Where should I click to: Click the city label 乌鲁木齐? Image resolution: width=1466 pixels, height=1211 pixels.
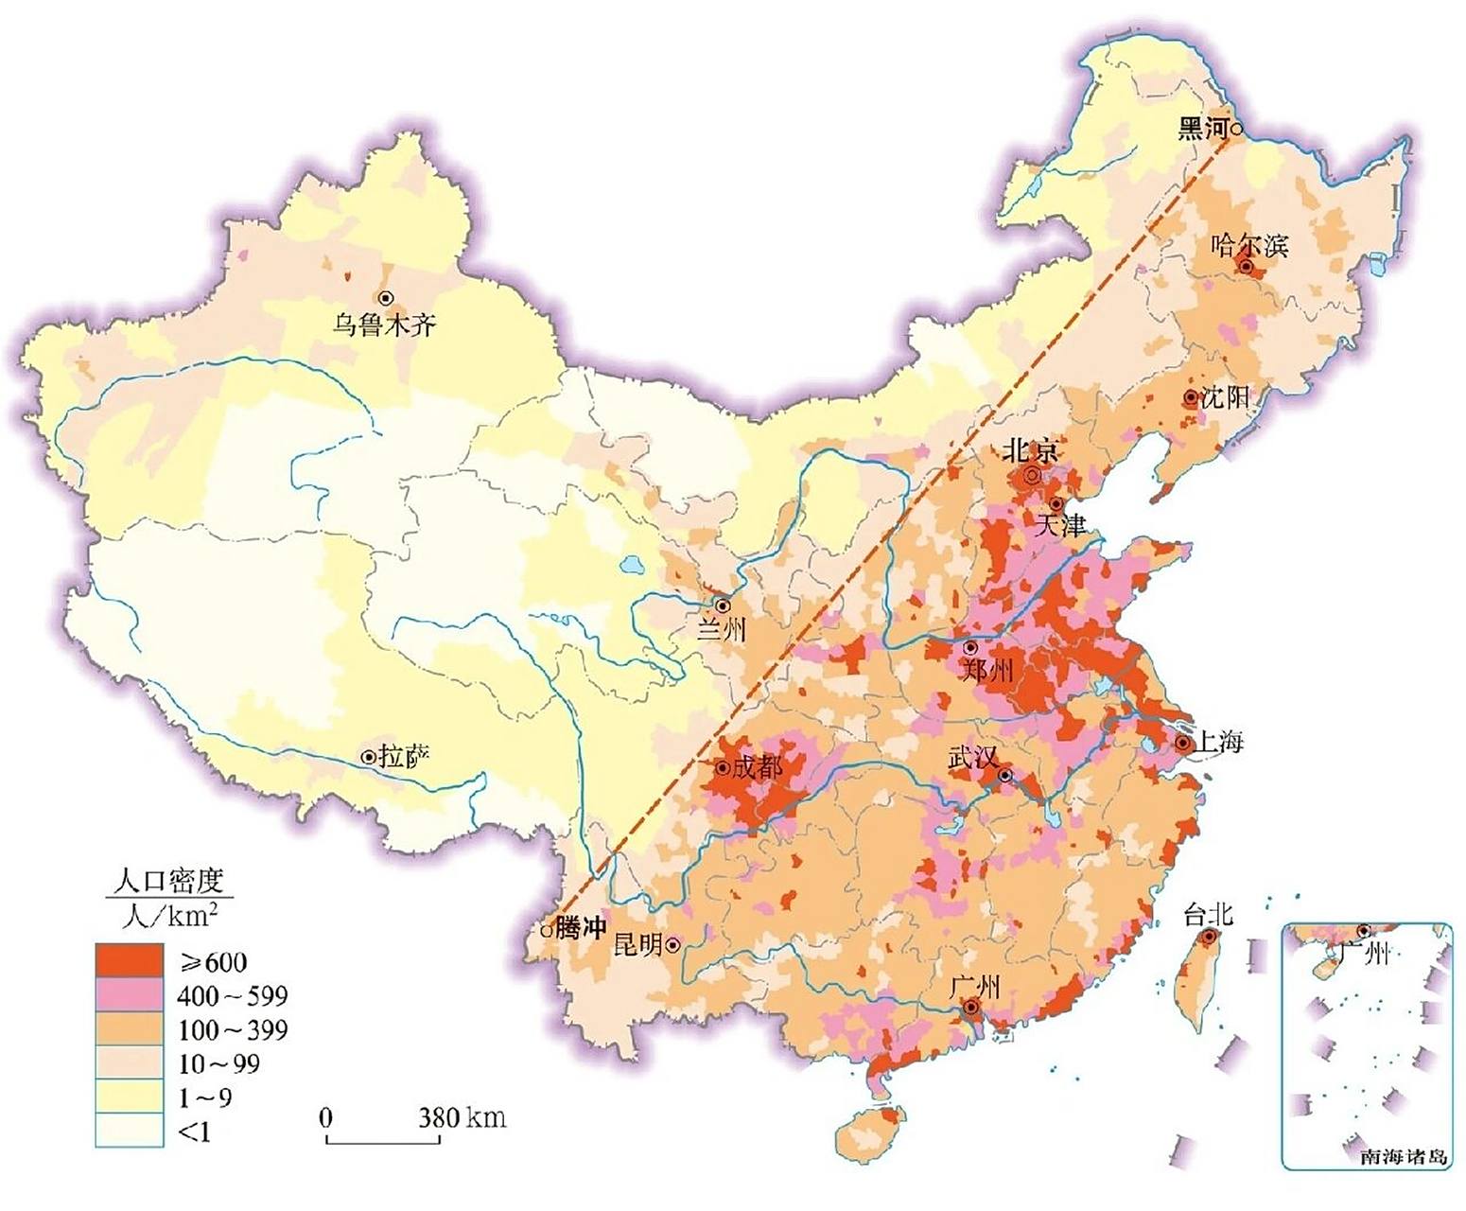point(384,325)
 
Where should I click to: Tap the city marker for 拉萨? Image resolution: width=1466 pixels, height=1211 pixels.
point(368,757)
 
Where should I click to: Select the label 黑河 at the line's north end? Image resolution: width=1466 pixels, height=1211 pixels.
point(1202,128)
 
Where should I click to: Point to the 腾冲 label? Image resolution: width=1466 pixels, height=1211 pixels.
point(580,928)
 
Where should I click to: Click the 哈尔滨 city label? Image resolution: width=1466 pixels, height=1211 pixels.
point(1249,246)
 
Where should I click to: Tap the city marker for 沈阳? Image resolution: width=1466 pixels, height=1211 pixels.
point(1190,398)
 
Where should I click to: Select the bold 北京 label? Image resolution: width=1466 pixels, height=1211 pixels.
point(1031,449)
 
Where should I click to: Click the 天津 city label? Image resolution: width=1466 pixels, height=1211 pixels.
point(1060,526)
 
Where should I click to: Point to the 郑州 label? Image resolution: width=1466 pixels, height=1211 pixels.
point(987,671)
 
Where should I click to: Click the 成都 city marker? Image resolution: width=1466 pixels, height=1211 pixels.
point(723,767)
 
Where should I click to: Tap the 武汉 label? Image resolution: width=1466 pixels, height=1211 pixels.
point(973,758)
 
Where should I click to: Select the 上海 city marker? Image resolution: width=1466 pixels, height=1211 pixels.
point(1182,744)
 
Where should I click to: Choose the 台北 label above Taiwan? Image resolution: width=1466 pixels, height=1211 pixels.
point(1208,915)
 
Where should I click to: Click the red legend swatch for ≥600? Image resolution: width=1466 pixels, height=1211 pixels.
point(129,961)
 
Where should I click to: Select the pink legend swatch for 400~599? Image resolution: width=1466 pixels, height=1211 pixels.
point(129,995)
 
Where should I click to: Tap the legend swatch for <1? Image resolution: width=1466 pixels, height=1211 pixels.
point(129,1131)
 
